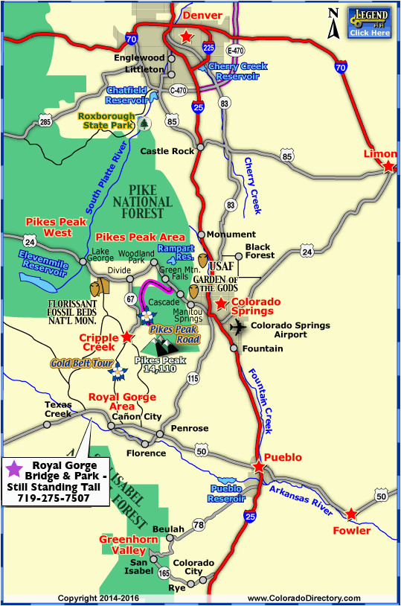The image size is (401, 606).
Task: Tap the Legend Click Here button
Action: pos(370,23)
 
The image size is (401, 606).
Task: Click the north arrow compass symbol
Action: pos(335,22)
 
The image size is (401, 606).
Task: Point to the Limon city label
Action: pos(379,154)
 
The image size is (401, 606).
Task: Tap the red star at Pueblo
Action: pos(258,467)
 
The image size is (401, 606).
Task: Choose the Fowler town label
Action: pos(352,530)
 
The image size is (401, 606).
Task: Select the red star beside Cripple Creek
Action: pos(126,337)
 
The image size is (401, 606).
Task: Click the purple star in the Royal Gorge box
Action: pos(13,470)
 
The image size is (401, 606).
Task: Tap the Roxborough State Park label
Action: pos(108,121)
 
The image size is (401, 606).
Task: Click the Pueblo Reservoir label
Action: pos(226,493)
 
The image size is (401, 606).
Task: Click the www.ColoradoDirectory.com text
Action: pos(304,598)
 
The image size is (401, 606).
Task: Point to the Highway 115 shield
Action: pos(193,380)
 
